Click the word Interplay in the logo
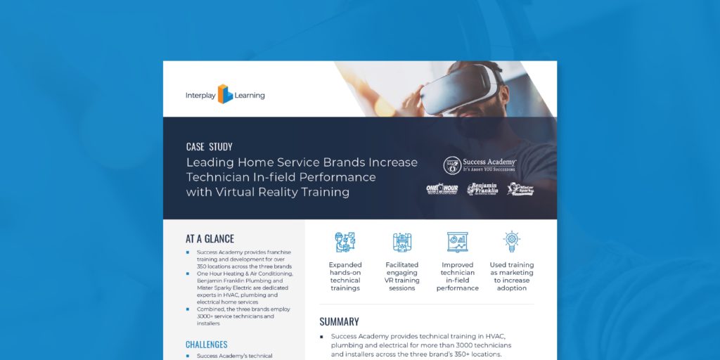tap(200, 95)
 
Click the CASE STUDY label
tap(209, 147)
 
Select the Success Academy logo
tap(480, 165)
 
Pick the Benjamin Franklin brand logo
tap(483, 188)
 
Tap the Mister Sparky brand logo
tap(521, 188)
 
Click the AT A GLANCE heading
tap(210, 239)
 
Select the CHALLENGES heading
tap(206, 345)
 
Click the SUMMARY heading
tap(339, 321)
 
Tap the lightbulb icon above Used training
tap(511, 242)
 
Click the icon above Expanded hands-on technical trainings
tap(345, 242)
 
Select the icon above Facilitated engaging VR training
tap(402, 242)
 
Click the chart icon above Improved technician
tap(458, 242)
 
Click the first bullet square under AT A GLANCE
tap(188, 252)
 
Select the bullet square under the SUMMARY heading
tap(321, 337)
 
